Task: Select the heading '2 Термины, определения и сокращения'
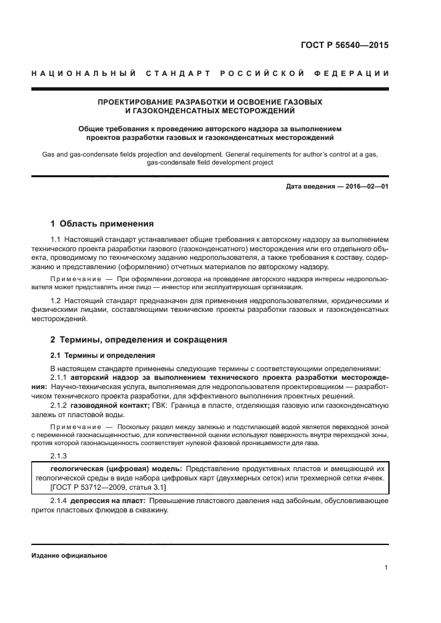click(139, 339)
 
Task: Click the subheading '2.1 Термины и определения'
click(103, 355)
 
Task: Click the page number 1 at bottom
click(386, 568)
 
